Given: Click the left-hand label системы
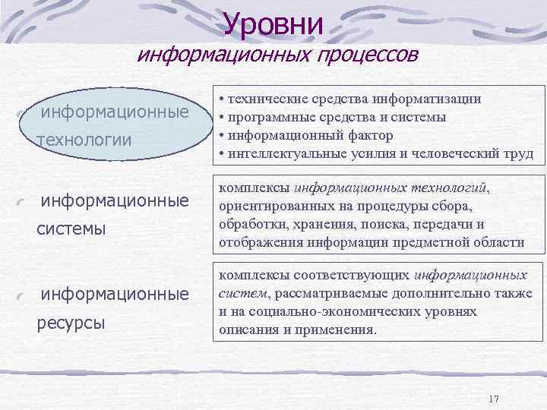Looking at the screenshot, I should (x=72, y=229).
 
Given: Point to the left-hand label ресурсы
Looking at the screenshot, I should (x=71, y=323).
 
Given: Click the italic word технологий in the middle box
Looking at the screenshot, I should (x=447, y=188).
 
